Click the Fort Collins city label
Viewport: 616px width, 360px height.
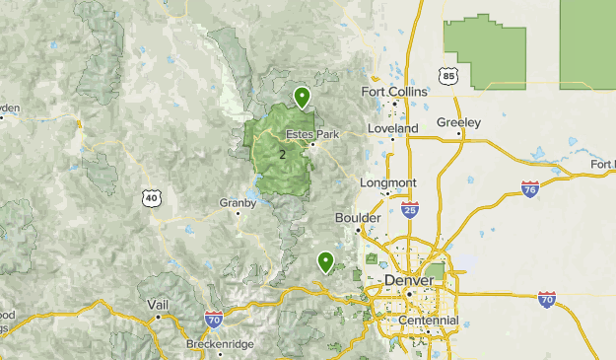[394, 92]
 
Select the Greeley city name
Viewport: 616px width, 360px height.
[458, 122]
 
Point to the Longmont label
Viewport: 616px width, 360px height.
[388, 182]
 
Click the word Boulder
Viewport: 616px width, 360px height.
[358, 217]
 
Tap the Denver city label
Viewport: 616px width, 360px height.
[408, 280]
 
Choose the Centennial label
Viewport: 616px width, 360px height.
[429, 321]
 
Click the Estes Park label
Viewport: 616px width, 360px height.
[311, 134]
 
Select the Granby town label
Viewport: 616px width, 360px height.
[239, 203]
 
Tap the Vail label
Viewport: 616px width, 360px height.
[158, 305]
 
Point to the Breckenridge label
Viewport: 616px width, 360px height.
[220, 344]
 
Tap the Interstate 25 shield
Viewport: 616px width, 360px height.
[410, 209]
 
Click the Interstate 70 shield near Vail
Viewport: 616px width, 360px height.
[213, 319]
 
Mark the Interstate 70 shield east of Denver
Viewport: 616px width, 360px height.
[547, 299]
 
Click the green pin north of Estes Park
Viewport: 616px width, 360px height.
[303, 97]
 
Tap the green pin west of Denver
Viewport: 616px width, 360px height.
[325, 261]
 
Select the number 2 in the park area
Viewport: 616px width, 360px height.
[282, 155]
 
